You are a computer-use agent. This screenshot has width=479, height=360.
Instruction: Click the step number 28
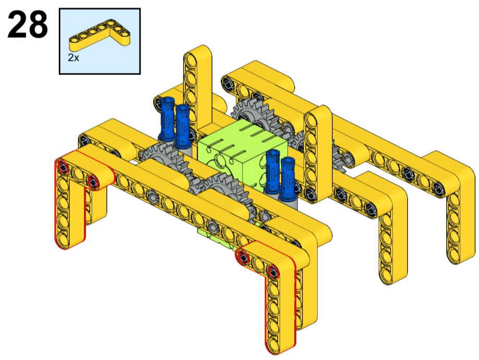coord(28,25)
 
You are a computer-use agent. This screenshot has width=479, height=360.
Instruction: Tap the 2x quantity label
coord(73,57)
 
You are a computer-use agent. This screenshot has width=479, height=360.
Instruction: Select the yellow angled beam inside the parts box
coord(99,34)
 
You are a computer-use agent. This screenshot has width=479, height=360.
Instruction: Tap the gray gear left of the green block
coord(162,159)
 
